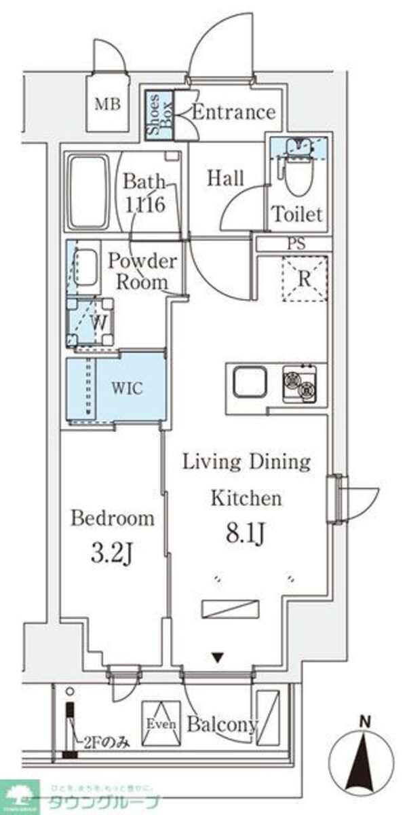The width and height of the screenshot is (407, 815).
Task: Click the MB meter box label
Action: [106, 105]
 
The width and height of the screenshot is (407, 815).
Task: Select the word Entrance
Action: [234, 112]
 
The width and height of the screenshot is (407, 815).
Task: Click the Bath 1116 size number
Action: [145, 204]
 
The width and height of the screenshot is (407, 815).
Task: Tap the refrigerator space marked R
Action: [305, 278]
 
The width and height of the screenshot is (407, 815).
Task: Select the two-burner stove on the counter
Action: [300, 384]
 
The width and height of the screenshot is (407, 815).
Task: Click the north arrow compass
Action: [365, 761]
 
